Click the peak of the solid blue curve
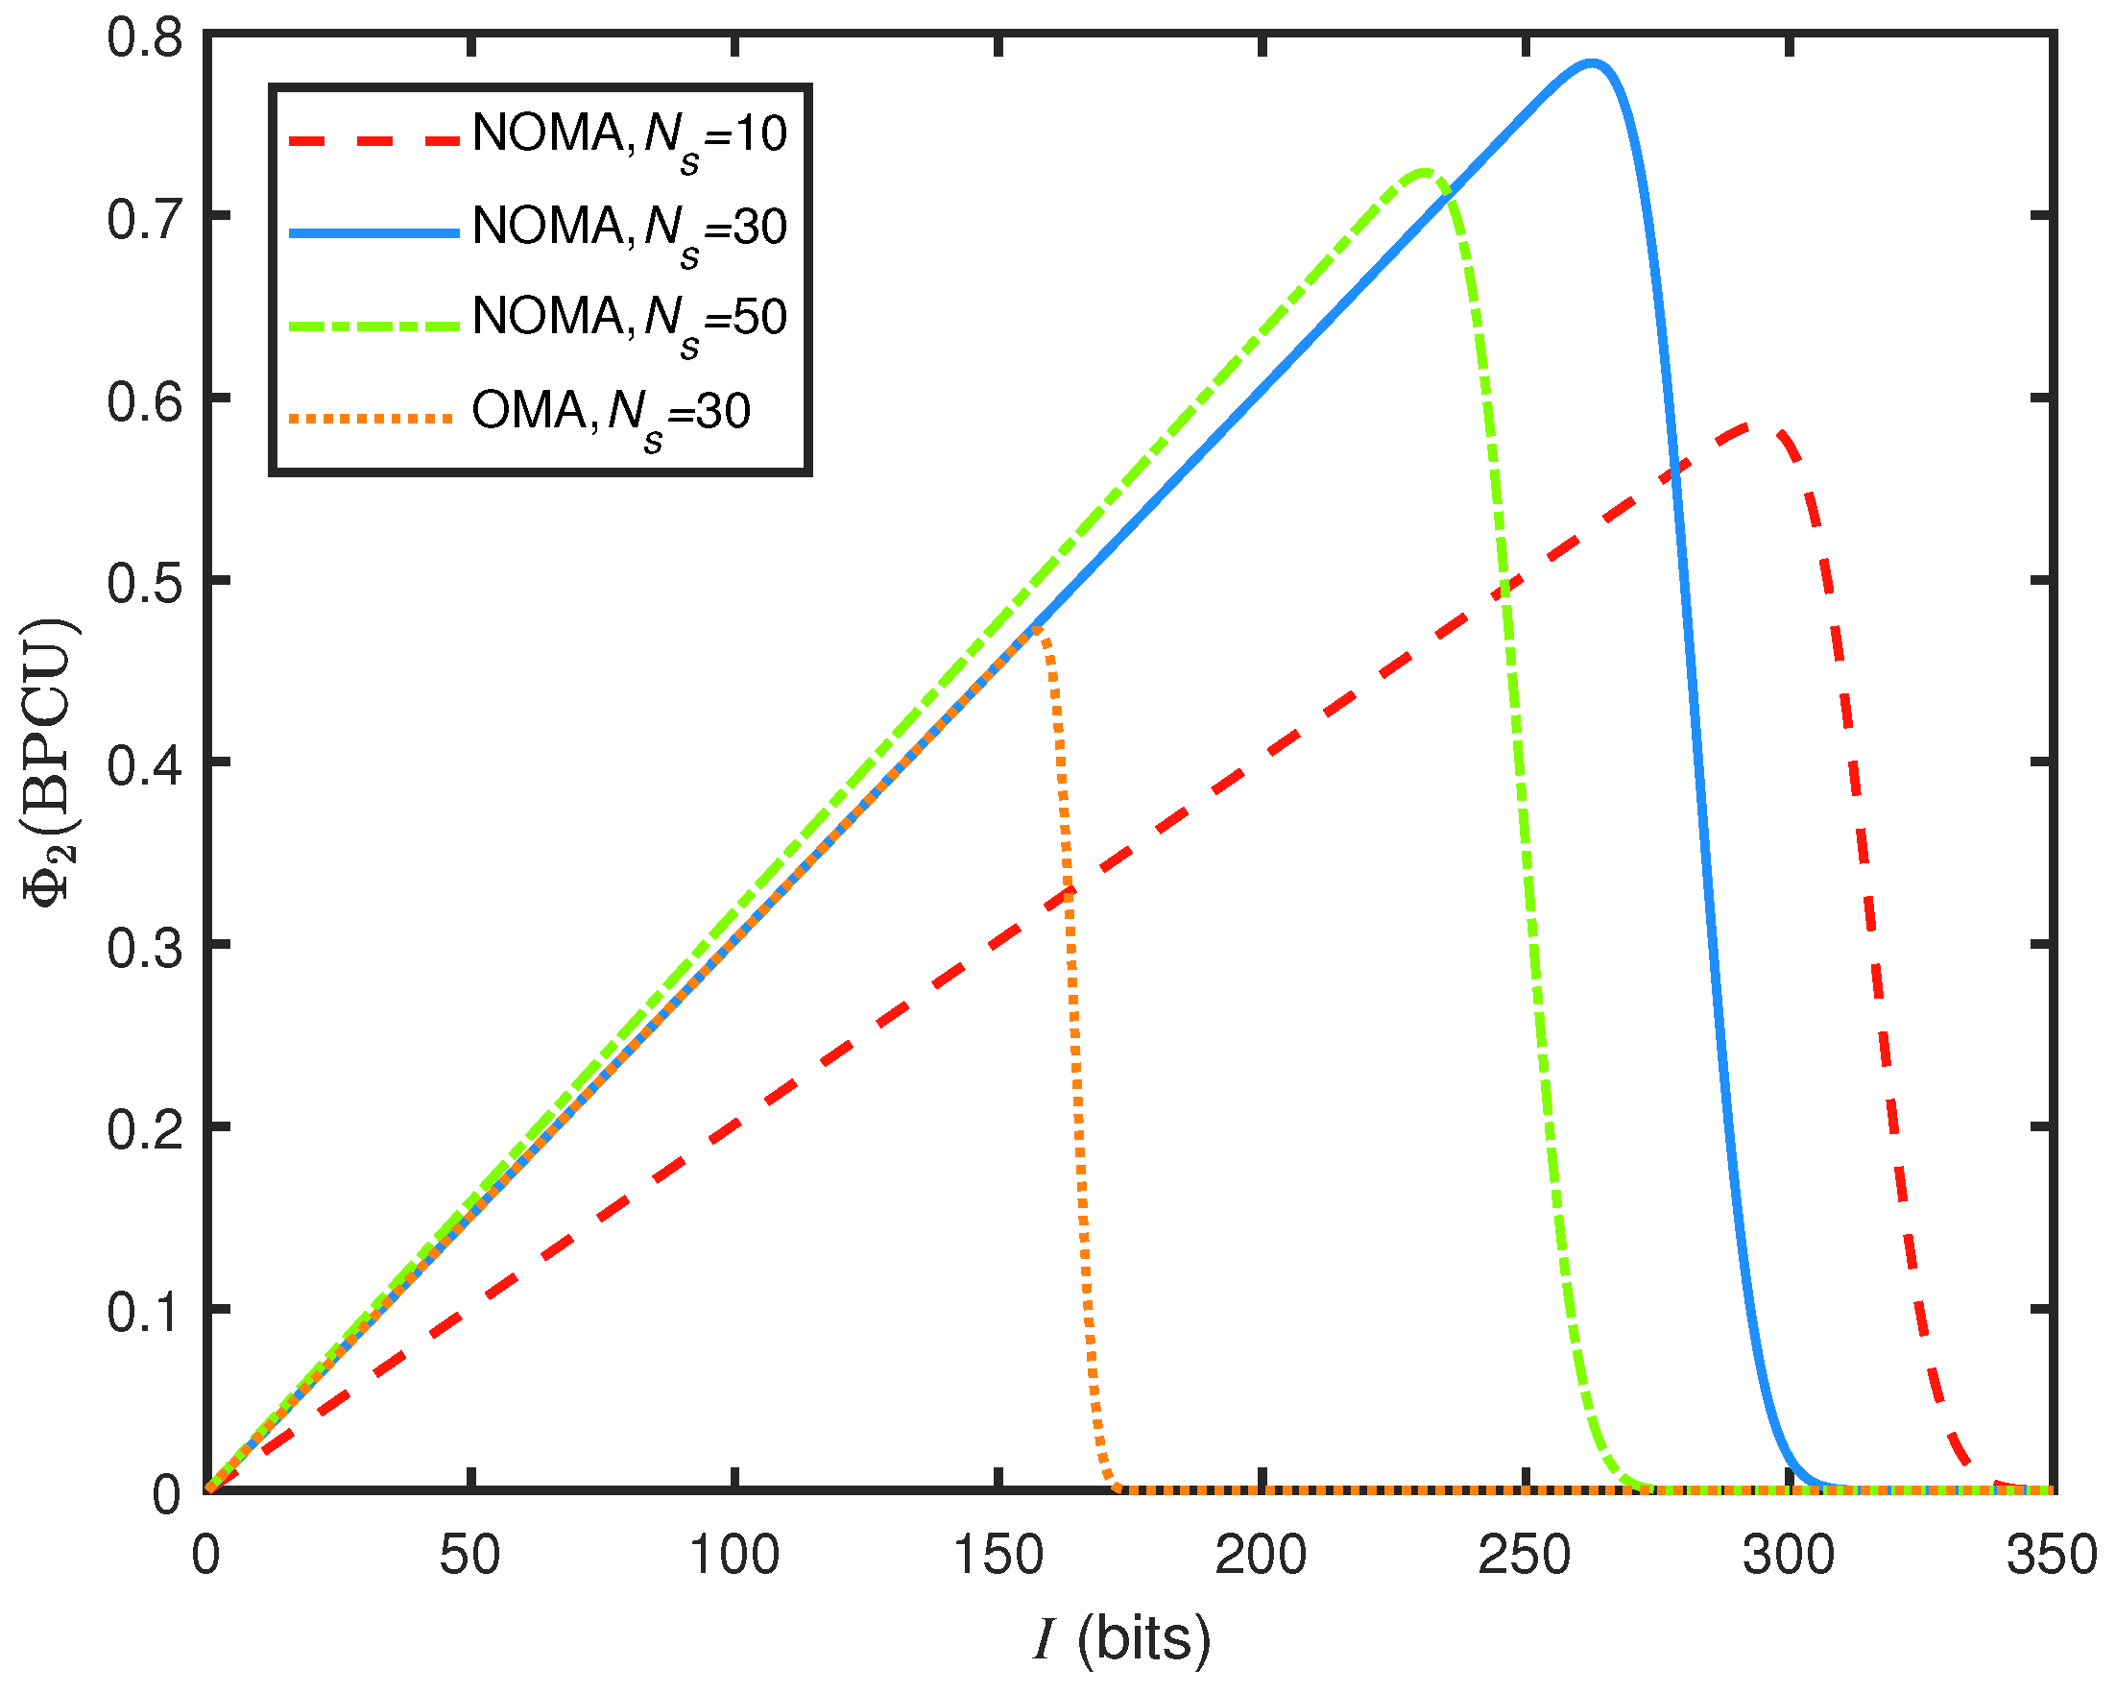[1591, 63]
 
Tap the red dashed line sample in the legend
[373, 140]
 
